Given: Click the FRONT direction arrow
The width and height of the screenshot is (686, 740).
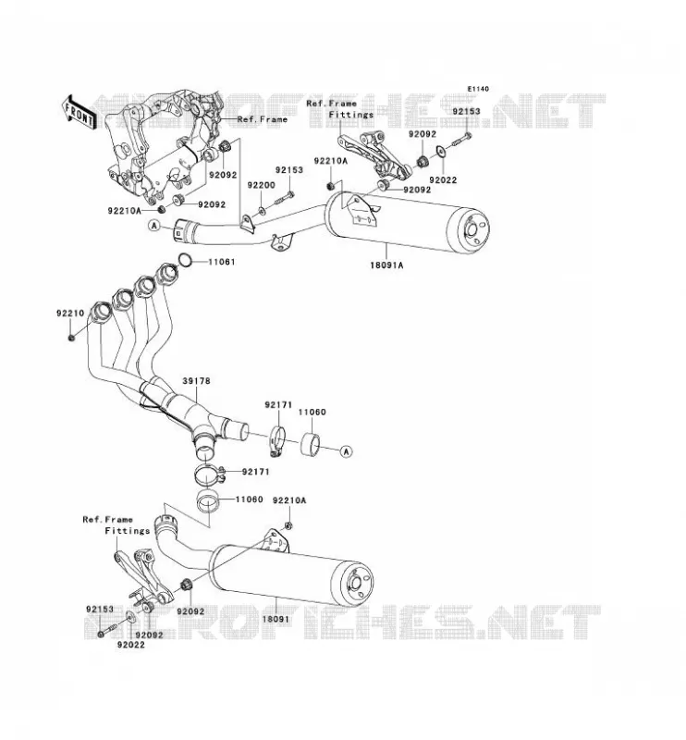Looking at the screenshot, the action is point(80,113).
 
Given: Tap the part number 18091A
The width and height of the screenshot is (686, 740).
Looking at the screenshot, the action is point(386,265).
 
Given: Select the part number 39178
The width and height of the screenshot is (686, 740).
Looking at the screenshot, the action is point(196,380).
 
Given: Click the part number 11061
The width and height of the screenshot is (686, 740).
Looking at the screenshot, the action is point(221,262).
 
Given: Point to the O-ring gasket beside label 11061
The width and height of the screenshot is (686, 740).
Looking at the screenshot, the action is point(185,260).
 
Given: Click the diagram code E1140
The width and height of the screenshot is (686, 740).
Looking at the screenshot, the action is point(478,89).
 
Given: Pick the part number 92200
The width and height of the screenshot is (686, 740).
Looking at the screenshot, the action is point(262,185).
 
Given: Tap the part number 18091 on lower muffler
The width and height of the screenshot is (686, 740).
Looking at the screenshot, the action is point(276,618).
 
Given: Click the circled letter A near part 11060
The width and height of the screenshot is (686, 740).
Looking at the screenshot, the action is point(347,451).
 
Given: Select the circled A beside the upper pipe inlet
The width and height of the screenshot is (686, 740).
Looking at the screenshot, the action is point(154,226).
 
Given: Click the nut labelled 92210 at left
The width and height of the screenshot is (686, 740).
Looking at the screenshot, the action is point(71,338).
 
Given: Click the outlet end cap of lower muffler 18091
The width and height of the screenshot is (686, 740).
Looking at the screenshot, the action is point(352,584).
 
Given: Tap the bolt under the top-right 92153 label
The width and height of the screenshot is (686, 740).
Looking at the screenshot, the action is point(462,140).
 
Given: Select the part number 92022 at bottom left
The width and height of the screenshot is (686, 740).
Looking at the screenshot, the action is point(131,645).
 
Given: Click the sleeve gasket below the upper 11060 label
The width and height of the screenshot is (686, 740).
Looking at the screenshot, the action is point(310,444).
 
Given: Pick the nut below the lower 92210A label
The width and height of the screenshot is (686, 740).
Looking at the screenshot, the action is point(288,525).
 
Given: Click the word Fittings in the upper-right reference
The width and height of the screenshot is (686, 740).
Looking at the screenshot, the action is point(351,115).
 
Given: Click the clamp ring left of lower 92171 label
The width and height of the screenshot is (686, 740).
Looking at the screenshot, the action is point(208,475).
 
